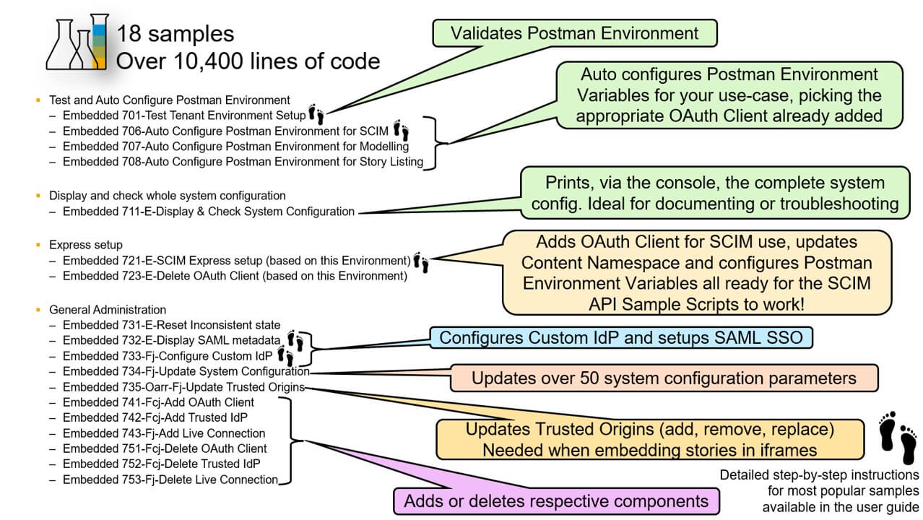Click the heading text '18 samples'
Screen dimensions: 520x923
(175, 34)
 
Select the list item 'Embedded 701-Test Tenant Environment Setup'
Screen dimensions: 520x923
(184, 115)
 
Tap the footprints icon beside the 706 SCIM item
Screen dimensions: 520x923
(401, 131)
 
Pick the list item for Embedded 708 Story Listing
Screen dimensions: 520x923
(243, 162)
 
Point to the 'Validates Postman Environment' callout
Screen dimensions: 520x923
(574, 33)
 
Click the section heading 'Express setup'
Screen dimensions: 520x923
(86, 245)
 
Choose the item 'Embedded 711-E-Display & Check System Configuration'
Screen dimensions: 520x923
(209, 212)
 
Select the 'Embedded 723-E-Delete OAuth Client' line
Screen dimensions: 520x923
(235, 276)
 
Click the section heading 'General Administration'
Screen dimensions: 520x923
(108, 310)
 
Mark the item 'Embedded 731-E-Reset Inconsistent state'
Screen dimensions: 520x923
(171, 326)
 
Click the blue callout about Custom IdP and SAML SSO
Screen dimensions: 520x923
(621, 338)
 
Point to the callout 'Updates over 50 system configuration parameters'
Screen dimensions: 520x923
(664, 378)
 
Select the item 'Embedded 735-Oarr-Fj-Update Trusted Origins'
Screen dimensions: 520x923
(183, 387)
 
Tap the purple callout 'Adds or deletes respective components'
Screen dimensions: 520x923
(555, 501)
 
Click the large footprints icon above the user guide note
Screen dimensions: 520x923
(898, 438)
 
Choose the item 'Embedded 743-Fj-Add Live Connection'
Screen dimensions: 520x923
(164, 433)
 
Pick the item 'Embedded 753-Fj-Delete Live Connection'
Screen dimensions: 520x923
(170, 480)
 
